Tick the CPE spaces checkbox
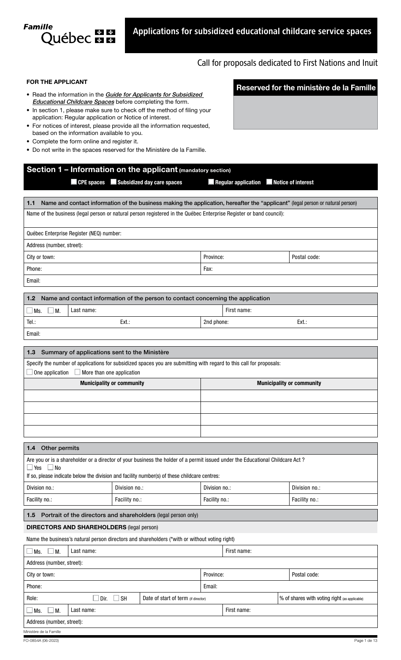click(x=74, y=182)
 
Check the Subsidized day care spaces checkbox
click(x=114, y=182)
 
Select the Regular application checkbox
click(x=211, y=182)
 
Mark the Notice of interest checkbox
click(x=269, y=182)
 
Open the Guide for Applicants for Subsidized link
click(x=154, y=95)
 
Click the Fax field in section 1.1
click(x=291, y=269)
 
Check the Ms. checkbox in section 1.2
click(x=29, y=310)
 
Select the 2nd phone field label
click(x=216, y=322)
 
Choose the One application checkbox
click(x=29, y=372)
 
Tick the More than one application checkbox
click(x=77, y=372)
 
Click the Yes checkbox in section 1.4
click(x=29, y=467)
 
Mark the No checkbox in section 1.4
click(x=50, y=467)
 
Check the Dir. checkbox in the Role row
click(x=96, y=598)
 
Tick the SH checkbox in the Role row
click(x=116, y=598)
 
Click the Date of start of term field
click(x=241, y=598)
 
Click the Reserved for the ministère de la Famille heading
click(x=306, y=88)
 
